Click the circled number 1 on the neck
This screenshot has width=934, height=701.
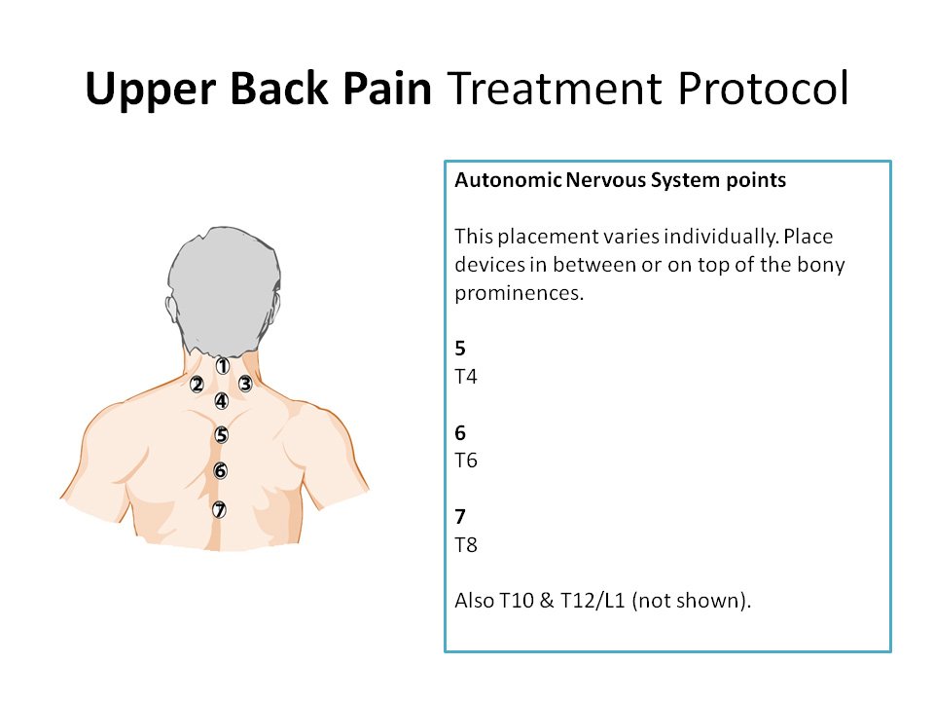[x=222, y=366]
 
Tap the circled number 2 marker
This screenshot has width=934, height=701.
[x=197, y=386]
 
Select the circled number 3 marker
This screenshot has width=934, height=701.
[x=245, y=384]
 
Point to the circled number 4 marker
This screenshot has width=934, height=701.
[x=222, y=401]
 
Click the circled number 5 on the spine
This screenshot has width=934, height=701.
[x=222, y=435]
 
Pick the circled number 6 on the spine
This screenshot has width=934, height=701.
[x=221, y=471]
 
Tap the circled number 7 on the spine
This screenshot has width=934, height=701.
[x=219, y=510]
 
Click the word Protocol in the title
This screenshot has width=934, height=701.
[x=763, y=90]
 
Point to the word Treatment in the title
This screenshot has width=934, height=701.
[x=555, y=90]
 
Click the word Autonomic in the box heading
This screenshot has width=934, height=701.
[x=508, y=180]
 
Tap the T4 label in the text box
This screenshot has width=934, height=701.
[x=466, y=377]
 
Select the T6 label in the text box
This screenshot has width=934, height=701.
[x=466, y=461]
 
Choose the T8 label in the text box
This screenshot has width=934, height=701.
[x=466, y=545]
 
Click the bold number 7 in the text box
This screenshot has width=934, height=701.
[x=460, y=517]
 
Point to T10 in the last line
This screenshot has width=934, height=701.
[x=516, y=601]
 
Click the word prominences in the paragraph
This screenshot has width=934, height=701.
[x=519, y=293]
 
